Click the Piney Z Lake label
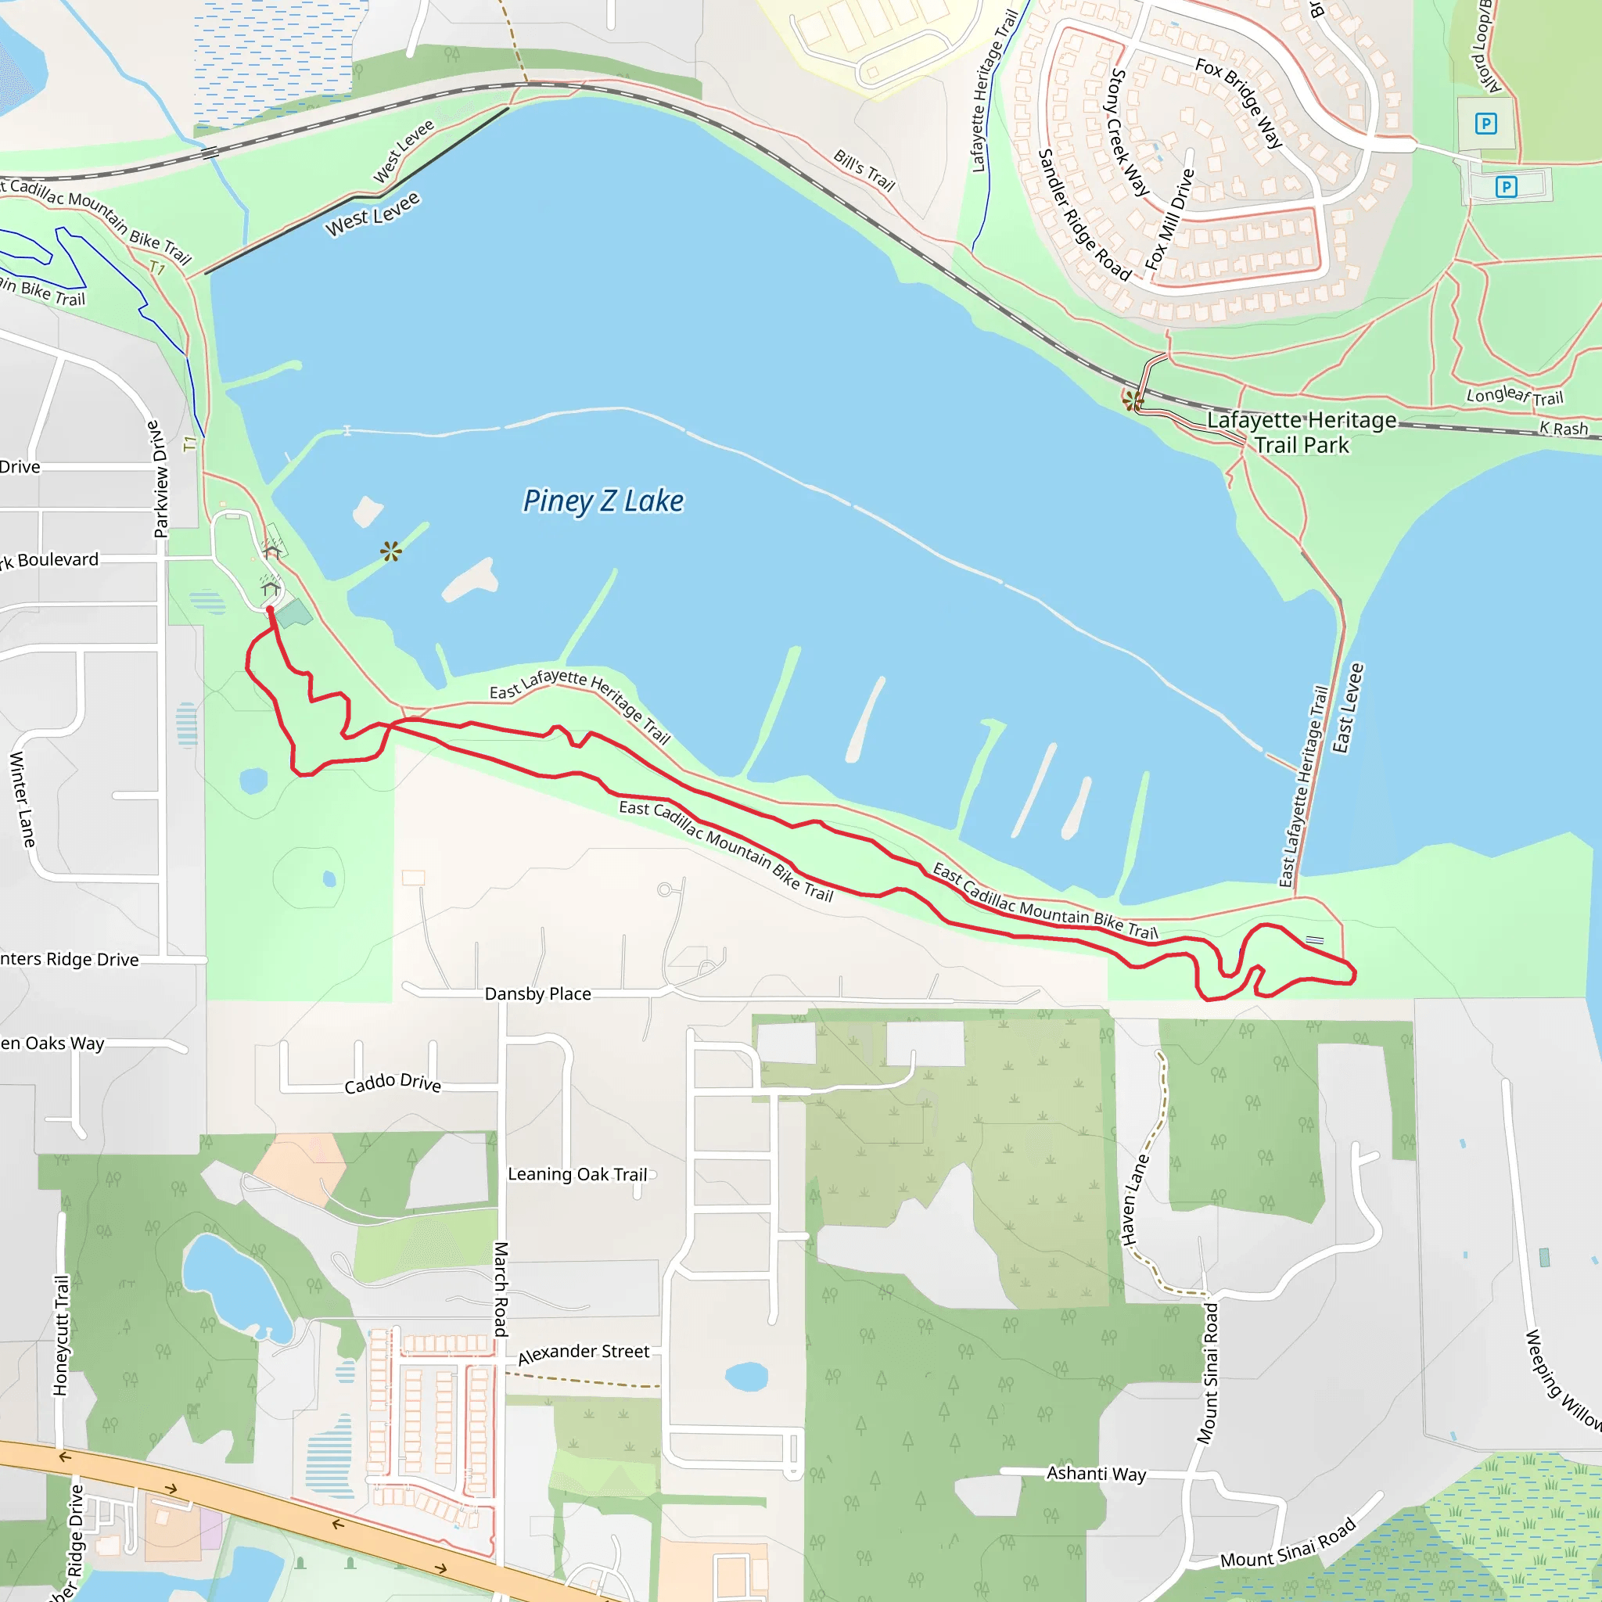coord(603,501)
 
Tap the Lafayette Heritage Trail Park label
coord(1301,432)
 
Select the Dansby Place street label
coord(537,993)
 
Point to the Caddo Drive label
coord(392,1082)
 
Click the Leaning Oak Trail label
coord(577,1173)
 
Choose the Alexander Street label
coord(583,1352)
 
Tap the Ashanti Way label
coord(1095,1474)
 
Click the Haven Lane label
coord(1135,1199)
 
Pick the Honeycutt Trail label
coord(61,1334)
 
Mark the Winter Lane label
coord(23,799)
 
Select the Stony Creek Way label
coord(1129,133)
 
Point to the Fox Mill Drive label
coord(1169,219)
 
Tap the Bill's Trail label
coord(864,171)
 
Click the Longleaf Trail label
coord(1514,396)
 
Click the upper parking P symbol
coord(1485,124)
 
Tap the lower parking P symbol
coord(1506,187)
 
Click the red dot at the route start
coord(270,609)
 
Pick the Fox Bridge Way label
coord(1239,102)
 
